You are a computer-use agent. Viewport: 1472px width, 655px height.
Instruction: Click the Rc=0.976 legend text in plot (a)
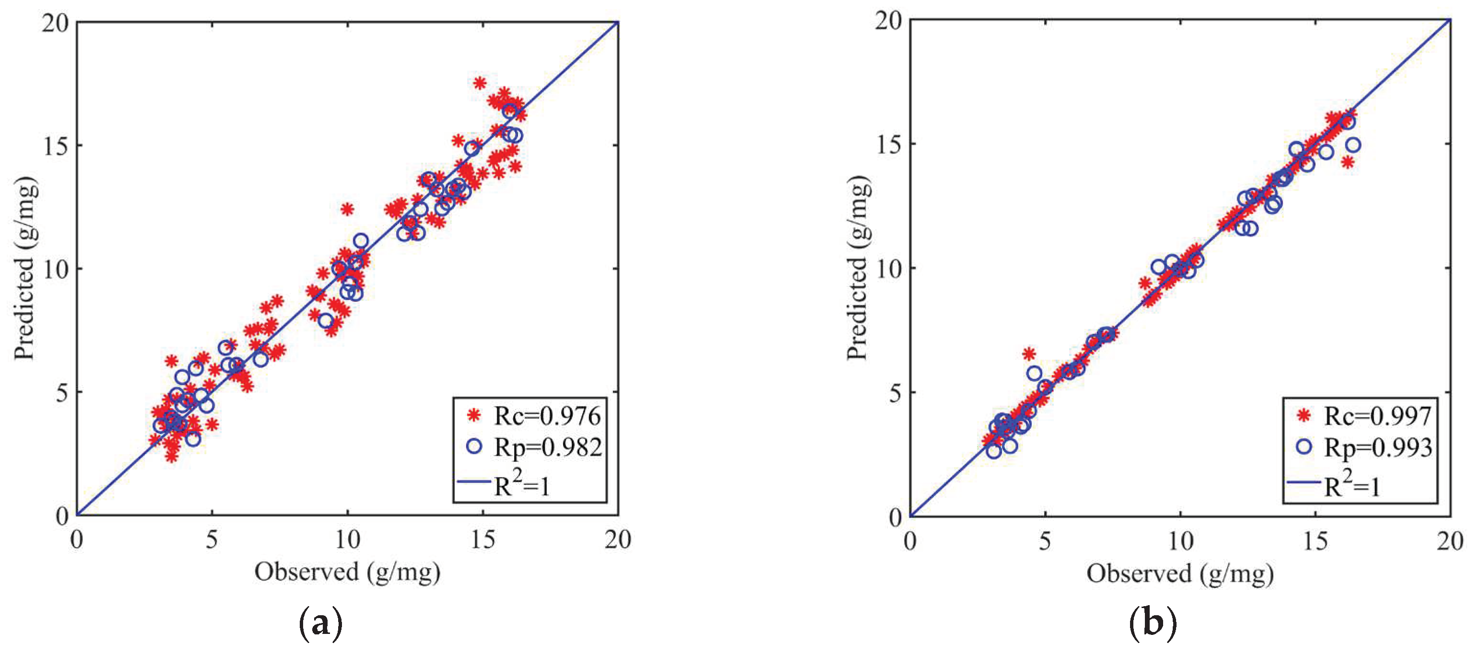[x=547, y=416]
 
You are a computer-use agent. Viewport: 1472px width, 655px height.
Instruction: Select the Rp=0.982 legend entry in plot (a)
[x=547, y=447]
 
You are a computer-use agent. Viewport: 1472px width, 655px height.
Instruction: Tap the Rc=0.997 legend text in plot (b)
[x=1378, y=416]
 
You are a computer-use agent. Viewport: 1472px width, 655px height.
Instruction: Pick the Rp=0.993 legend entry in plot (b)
[x=1378, y=447]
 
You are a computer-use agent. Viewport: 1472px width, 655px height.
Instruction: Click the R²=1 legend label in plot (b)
[x=1352, y=485]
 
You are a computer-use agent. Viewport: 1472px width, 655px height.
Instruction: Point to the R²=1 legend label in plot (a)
[x=521, y=485]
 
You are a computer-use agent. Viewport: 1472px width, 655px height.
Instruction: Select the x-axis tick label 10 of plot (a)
[x=347, y=540]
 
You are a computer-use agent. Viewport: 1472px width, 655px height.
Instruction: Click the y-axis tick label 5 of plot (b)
[x=895, y=393]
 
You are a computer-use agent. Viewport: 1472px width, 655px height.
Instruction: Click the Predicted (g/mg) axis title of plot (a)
[x=25, y=268]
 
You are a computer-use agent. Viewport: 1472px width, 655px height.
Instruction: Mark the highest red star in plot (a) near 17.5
[x=480, y=83]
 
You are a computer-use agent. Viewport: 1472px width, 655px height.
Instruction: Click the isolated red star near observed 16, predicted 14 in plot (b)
[x=1347, y=162]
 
